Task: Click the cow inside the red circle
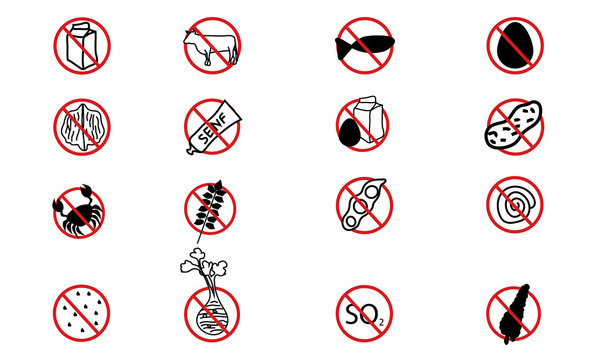point(211,47)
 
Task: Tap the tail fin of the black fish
point(341,49)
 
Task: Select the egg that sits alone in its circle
point(515,45)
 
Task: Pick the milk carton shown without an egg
point(82,46)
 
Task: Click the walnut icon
point(82,126)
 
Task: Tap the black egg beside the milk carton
point(349,133)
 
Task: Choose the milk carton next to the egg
point(368,119)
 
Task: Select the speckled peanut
point(514,124)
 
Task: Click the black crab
point(78,213)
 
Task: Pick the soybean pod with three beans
point(362,204)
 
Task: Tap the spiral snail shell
point(515,205)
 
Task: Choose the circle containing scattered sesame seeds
point(82,313)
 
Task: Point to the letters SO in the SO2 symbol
point(361,314)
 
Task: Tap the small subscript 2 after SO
point(381,323)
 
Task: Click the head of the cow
point(189,37)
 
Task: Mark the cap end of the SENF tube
point(190,150)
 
